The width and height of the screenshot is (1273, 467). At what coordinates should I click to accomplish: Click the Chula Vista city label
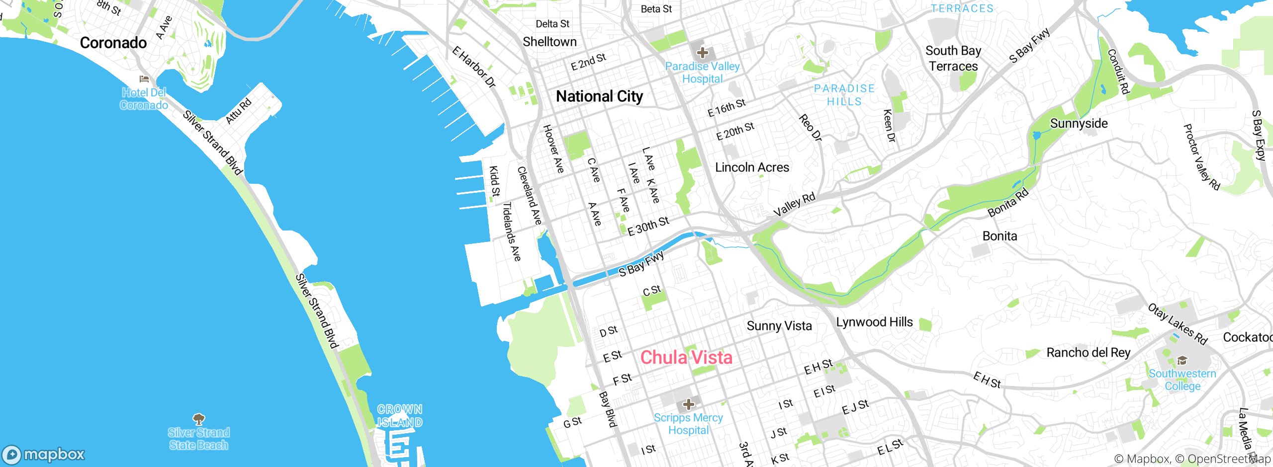(686, 357)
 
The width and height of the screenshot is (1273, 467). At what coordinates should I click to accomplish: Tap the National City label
(599, 96)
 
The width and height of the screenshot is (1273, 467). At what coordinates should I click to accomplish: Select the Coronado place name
(113, 43)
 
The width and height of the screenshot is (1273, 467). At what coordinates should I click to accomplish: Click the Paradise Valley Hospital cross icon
(702, 52)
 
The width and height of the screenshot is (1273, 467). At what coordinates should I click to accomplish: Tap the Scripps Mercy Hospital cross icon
(688, 404)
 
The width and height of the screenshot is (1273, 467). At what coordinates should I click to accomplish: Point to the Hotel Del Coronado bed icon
(144, 78)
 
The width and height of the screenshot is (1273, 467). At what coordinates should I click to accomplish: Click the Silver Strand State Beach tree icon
(198, 419)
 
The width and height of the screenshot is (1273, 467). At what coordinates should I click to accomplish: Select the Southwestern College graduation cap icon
(1182, 360)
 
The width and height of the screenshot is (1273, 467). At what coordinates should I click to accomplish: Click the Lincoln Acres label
(752, 167)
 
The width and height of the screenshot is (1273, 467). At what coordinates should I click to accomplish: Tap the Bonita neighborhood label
(1000, 236)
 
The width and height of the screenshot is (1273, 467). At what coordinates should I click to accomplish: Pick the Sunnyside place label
(1079, 123)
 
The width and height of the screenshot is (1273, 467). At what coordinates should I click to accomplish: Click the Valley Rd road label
(794, 204)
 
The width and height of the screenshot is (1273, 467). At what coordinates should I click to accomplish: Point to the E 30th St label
(648, 226)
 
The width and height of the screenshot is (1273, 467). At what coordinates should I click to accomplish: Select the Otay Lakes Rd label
(1178, 324)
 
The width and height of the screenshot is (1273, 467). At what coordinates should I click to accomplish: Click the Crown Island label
(399, 416)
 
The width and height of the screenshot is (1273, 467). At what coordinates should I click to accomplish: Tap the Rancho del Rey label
(1088, 353)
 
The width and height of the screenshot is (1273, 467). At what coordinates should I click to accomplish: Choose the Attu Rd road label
(239, 111)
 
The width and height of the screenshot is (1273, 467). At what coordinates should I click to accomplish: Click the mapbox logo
(44, 454)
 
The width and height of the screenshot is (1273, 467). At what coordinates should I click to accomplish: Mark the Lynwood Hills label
(874, 322)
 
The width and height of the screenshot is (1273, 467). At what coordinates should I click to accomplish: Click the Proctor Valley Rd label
(1201, 157)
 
